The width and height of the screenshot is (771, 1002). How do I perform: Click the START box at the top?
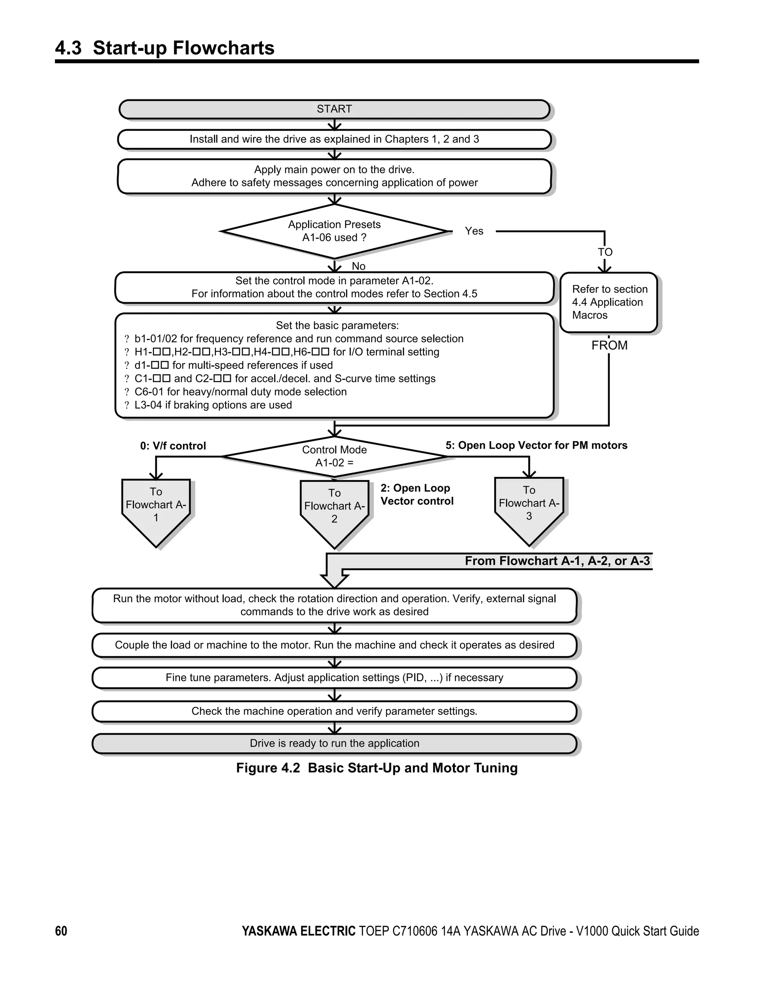coord(334,109)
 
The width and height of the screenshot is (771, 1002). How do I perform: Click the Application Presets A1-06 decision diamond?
coord(334,231)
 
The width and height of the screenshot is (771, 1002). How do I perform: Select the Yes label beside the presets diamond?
coord(474,231)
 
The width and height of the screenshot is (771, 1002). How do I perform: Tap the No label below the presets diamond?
coord(358,266)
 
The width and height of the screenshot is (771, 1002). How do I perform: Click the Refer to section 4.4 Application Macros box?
coord(608,302)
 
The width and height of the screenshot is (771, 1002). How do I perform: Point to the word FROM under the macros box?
coord(609,346)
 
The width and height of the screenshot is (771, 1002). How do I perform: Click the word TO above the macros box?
coord(605,252)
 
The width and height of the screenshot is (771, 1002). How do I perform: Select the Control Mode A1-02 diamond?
coord(334,456)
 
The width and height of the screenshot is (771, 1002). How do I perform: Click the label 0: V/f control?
coord(173,446)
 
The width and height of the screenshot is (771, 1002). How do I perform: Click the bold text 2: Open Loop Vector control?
coord(416,495)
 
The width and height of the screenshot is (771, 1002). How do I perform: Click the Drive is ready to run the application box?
coord(334,743)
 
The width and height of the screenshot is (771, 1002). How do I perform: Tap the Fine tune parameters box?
coord(334,678)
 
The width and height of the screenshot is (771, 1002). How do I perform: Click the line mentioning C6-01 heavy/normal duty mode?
coord(240,392)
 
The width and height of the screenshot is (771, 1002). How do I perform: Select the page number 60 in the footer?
coord(61,931)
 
